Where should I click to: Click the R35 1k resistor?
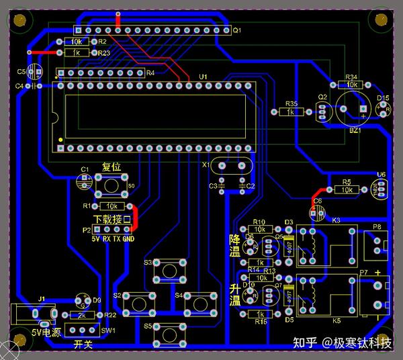(x=291, y=112)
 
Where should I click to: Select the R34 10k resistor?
(x=351, y=85)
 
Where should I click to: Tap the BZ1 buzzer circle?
(x=351, y=108)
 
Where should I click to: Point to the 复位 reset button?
(x=111, y=181)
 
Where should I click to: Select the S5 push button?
(x=171, y=332)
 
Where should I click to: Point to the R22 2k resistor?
(x=82, y=315)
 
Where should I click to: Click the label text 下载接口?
(x=111, y=220)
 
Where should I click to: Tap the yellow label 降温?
(x=234, y=244)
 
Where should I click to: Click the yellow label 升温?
(x=234, y=294)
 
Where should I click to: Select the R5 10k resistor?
(x=347, y=190)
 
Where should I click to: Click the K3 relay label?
(x=336, y=220)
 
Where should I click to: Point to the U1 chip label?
(x=204, y=77)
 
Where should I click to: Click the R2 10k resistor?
(x=76, y=42)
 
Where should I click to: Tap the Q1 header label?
(x=236, y=30)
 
